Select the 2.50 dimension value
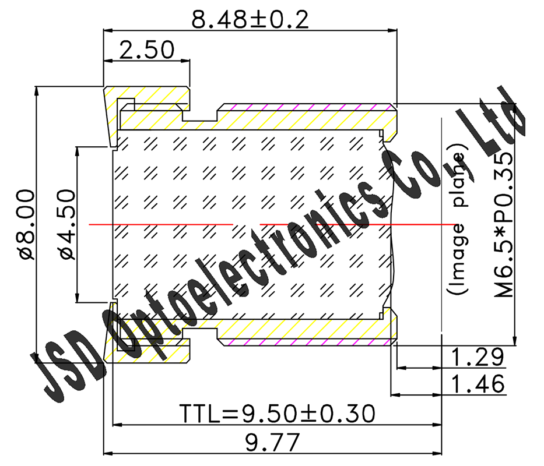point(146,50)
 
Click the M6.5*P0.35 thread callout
point(504,224)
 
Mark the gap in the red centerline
point(246,224)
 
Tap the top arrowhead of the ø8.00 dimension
point(36,91)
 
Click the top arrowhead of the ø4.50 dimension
point(78,150)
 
